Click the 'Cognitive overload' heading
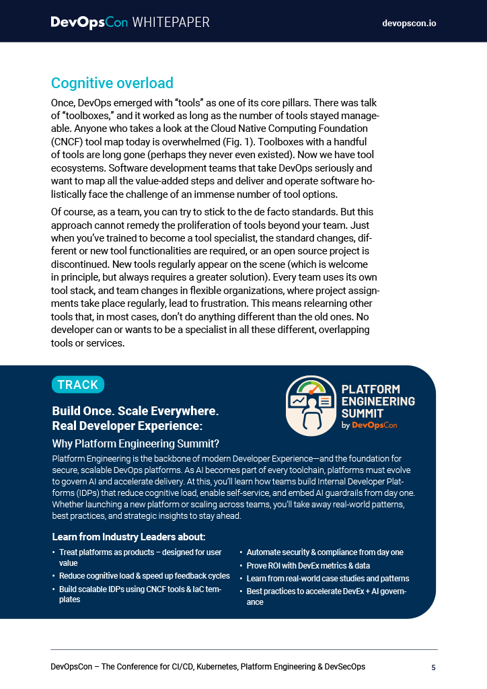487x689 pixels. pyautogui.click(x=112, y=83)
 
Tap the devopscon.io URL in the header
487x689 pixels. pyautogui.click(x=409, y=23)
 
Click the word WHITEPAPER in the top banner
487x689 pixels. pyautogui.click(x=171, y=22)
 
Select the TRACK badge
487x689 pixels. pyautogui.click(x=78, y=385)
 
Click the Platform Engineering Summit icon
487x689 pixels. pyautogui.click(x=310, y=406)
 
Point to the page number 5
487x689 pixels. pyautogui.click(x=434, y=667)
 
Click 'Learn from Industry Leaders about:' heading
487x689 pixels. pyautogui.click(x=128, y=537)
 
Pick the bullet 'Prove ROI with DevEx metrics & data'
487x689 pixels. pyautogui.click(x=308, y=566)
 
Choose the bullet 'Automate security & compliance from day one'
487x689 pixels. pyautogui.click(x=325, y=552)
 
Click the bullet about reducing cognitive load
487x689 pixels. pyautogui.click(x=144, y=576)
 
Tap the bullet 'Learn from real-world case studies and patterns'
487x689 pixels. pyautogui.click(x=328, y=579)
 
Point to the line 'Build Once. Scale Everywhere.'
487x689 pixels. pyautogui.click(x=135, y=411)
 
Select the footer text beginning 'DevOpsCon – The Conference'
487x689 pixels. pyautogui.click(x=208, y=667)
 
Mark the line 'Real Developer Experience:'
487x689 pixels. pyautogui.click(x=127, y=426)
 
